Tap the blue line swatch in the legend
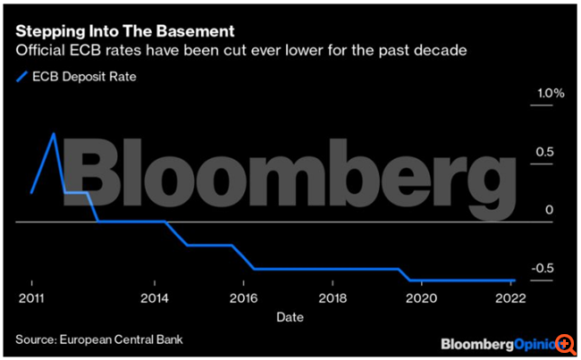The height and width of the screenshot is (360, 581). [23, 77]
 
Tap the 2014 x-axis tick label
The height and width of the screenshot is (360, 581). [155, 297]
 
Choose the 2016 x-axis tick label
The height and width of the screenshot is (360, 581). [243, 297]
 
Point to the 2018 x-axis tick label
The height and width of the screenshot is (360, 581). [333, 297]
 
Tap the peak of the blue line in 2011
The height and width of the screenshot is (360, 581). [54, 134]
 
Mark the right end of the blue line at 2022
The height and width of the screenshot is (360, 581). [516, 280]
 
